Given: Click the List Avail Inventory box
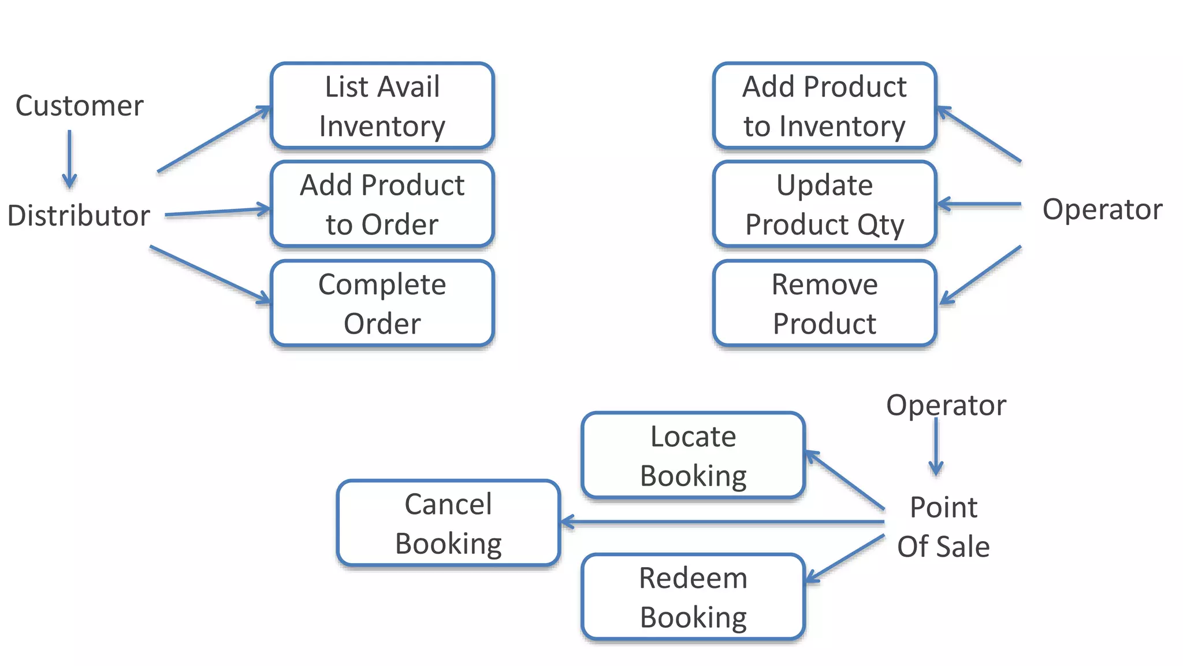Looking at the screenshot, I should pyautogui.click(x=382, y=106).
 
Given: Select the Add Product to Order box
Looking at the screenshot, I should pyautogui.click(x=382, y=204).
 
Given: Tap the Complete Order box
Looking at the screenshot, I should pyautogui.click(x=382, y=304).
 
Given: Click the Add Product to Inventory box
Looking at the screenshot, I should pyautogui.click(x=824, y=106).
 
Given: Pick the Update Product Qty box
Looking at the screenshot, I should pyautogui.click(x=824, y=204).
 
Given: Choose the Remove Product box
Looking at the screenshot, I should pyautogui.click(x=824, y=304).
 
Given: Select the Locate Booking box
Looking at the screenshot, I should pyautogui.click(x=693, y=456).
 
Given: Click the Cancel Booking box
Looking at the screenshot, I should pyautogui.click(x=448, y=523).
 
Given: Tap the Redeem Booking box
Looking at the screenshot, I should pyautogui.click(x=693, y=597).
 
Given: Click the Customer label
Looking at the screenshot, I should pyautogui.click(x=79, y=106).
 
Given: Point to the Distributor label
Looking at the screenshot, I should pyautogui.click(x=79, y=215).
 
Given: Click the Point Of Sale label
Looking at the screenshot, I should pyautogui.click(x=943, y=527).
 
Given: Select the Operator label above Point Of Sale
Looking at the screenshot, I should pyautogui.click(x=946, y=405).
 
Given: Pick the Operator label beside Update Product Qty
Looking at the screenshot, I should pyautogui.click(x=1102, y=209).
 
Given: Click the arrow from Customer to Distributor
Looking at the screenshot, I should pyautogui.click(x=69, y=158).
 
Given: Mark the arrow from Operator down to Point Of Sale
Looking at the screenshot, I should pyautogui.click(x=936, y=446).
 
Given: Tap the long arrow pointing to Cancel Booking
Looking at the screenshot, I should pyautogui.click(x=722, y=522).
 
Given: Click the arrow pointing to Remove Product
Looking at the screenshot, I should pyautogui.click(x=981, y=275).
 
